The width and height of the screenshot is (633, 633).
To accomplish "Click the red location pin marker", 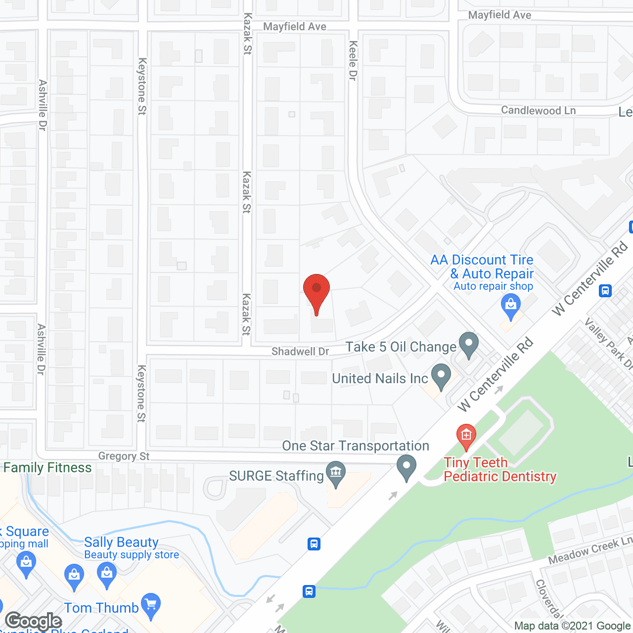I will tap(316, 291).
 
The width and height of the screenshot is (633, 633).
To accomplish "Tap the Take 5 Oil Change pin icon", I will tap(468, 344).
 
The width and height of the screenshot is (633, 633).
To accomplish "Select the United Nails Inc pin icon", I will tap(441, 376).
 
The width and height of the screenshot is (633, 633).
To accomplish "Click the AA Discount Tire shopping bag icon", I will tap(510, 305).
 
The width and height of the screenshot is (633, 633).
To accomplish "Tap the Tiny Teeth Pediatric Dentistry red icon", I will tap(466, 436).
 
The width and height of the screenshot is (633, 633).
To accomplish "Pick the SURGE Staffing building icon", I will tap(336, 472).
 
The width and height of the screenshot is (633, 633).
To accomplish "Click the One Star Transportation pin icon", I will tap(407, 467).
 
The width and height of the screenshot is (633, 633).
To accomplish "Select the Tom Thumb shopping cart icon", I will tap(151, 605).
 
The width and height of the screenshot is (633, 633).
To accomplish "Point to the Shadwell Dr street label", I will tap(300, 352).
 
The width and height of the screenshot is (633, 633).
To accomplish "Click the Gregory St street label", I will tap(124, 456).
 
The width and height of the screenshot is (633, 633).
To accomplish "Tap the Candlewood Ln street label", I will tap(538, 110).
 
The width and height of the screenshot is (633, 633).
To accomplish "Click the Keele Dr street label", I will tap(353, 60).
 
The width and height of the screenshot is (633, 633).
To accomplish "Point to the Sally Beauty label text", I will tap(121, 543).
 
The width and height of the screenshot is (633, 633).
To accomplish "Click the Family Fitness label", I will tap(47, 468).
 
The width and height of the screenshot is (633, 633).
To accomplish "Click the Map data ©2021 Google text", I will tap(572, 626).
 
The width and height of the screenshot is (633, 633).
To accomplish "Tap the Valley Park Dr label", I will tap(608, 344).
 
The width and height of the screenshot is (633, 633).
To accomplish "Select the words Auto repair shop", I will tap(493, 286).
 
